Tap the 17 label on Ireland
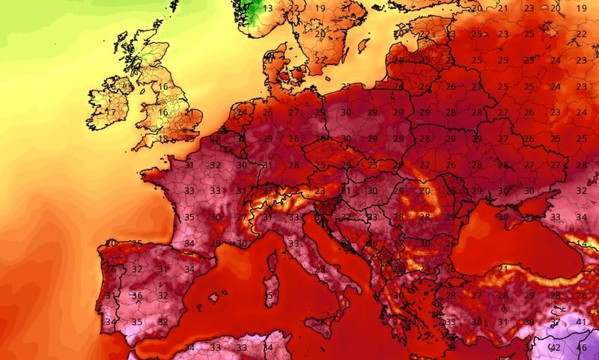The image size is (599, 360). pyautogui.click(x=111, y=112)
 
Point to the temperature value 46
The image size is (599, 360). pyautogui.click(x=580, y=348)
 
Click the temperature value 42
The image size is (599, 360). pyautogui.click(x=555, y=348)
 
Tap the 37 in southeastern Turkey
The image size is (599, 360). pyautogui.click(x=554, y=322)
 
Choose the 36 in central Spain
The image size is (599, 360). pyautogui.click(x=137, y=296)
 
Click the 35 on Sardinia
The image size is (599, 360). pyautogui.click(x=269, y=296)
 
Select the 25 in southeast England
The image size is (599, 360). pyautogui.click(x=189, y=138)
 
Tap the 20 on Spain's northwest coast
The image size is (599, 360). pyautogui.click(x=111, y=243)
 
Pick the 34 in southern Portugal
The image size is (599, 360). pyautogui.click(x=111, y=323)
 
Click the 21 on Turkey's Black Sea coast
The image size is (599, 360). pyautogui.click(x=504, y=269)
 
